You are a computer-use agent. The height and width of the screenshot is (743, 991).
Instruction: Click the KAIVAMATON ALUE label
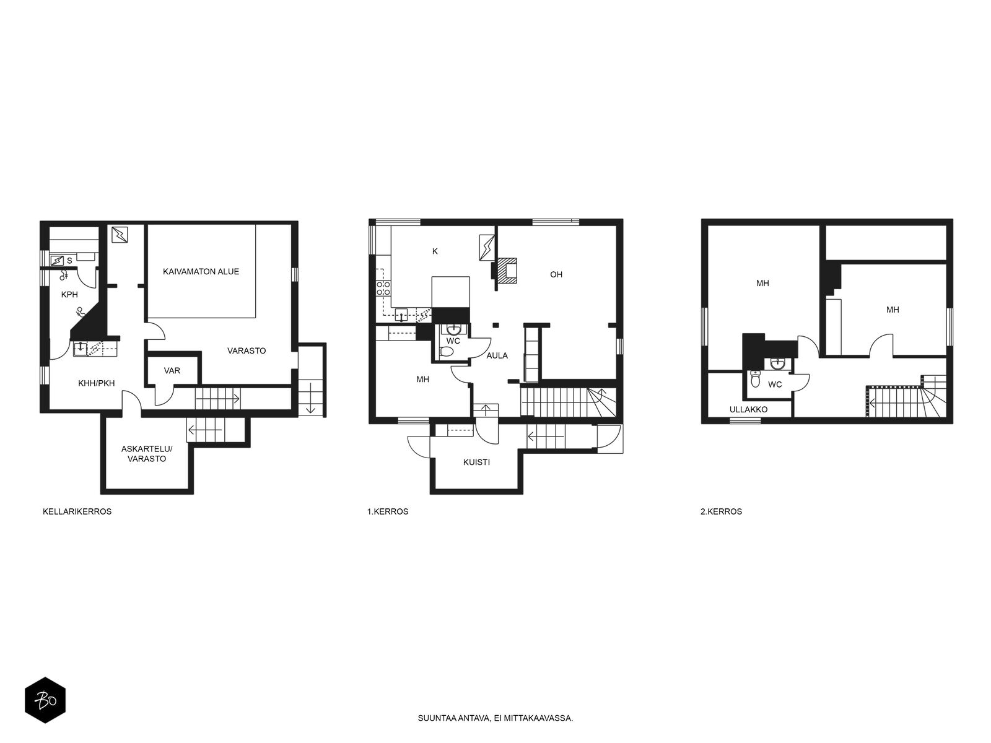point(201,272)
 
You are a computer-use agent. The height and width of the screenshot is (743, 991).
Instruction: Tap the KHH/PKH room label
point(97,383)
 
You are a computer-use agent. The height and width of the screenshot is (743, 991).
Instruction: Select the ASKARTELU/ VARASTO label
point(147,454)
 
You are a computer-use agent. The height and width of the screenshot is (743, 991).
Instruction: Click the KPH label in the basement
point(69,295)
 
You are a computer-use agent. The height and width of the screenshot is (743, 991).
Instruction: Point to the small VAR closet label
point(172,370)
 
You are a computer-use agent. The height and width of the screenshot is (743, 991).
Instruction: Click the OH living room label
point(556,274)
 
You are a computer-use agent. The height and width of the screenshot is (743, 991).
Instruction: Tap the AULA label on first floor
point(497,355)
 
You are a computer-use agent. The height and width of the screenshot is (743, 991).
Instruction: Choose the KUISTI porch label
point(477,463)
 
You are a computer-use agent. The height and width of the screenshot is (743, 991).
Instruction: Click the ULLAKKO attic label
point(749,410)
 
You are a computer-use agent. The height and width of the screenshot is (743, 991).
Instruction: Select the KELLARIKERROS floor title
point(77,511)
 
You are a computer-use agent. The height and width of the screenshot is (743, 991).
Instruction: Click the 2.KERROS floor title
point(722,511)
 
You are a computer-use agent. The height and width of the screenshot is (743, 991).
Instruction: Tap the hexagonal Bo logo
point(45,700)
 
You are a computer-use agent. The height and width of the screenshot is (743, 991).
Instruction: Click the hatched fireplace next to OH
point(507,271)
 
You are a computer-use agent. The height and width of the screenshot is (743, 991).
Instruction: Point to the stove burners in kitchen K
point(383,289)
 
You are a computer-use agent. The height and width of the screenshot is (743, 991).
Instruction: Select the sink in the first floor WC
point(453,329)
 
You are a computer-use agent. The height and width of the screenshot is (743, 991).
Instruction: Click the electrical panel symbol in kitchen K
point(487,247)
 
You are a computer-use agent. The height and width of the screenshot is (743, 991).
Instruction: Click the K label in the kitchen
point(435,251)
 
